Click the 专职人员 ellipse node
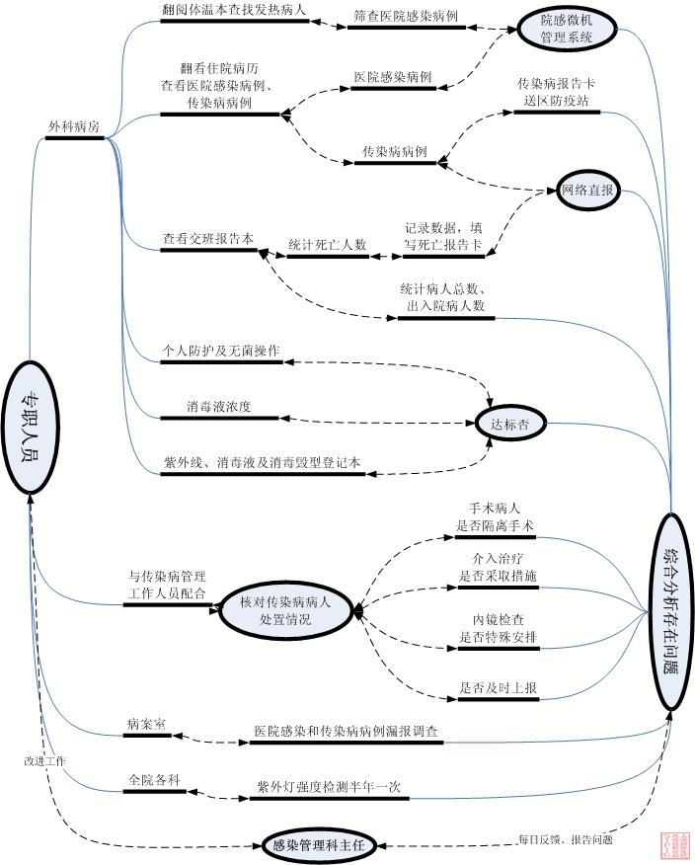tap(31, 426)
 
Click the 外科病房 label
tap(74, 127)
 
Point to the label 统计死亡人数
tap(327, 244)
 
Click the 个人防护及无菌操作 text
tap(221, 351)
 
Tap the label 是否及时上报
tap(498, 688)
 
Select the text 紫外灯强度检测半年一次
tap(329, 787)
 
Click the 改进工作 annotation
tap(44, 761)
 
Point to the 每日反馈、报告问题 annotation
tap(565, 840)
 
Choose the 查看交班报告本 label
tap(208, 239)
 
